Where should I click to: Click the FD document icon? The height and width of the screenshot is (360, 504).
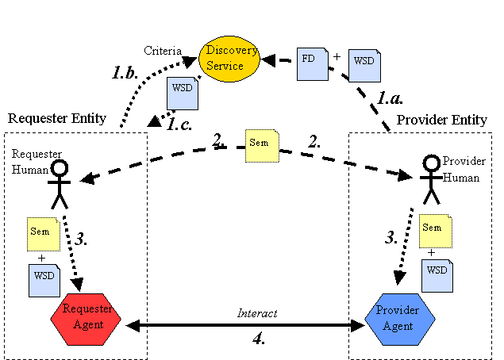pos(312,64)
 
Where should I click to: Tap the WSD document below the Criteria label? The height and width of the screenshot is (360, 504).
pos(182,94)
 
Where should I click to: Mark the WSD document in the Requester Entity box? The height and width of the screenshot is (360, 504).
pos(44,280)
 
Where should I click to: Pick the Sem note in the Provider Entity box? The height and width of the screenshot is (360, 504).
pos(434,230)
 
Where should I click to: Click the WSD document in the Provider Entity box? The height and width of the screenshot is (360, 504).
pos(437,274)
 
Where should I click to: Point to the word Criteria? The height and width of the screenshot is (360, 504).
pos(162,51)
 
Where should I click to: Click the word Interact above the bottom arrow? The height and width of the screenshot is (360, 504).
pos(257,313)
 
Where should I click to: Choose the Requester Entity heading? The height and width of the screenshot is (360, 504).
pos(57,119)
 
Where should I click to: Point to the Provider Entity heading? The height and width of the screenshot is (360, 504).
pos(441,120)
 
